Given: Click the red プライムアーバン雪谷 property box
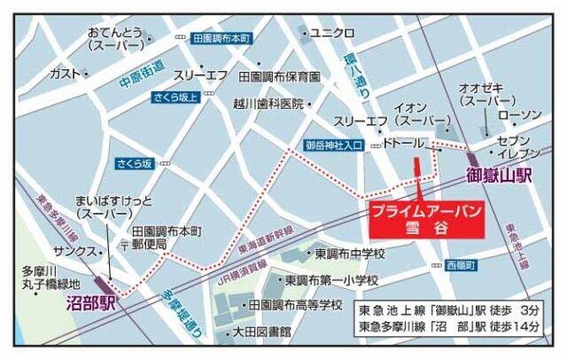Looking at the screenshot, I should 425,218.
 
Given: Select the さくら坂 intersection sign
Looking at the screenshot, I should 134,163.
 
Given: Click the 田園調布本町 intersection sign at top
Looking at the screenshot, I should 221,38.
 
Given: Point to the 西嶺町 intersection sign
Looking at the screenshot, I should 461,265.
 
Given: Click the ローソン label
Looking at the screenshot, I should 519,115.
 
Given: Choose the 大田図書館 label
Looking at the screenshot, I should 262,332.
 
